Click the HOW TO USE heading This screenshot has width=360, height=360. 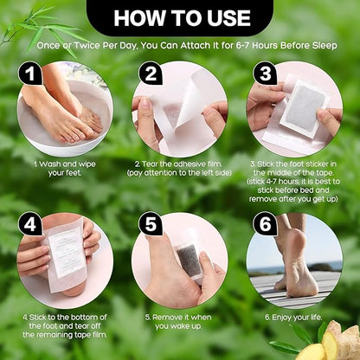179,16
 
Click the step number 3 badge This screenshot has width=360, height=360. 267,75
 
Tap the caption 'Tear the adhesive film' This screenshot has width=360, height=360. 180,167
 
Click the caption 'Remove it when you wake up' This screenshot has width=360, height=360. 179,322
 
